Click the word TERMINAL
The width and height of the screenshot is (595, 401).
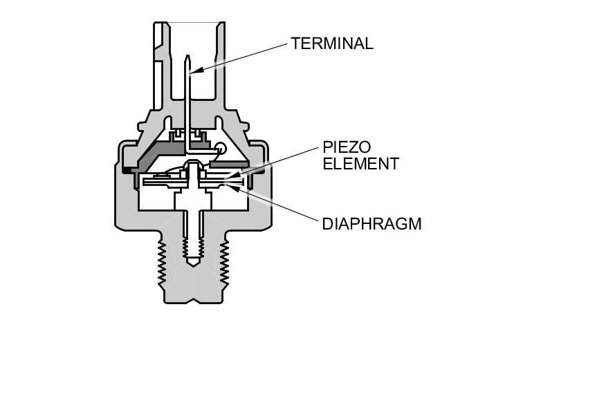coord(331,44)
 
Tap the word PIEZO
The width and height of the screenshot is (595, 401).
coord(347,148)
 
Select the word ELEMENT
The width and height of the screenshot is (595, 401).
coord(360,164)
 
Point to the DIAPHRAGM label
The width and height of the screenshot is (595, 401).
coord(372,224)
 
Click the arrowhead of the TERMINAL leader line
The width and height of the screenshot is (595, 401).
coord(194,71)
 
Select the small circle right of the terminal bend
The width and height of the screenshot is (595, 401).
coord(220,147)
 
